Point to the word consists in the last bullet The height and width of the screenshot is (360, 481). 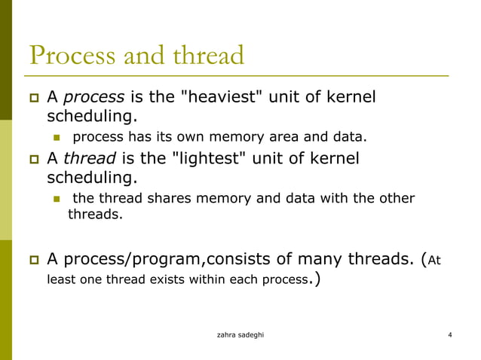[231, 260]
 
